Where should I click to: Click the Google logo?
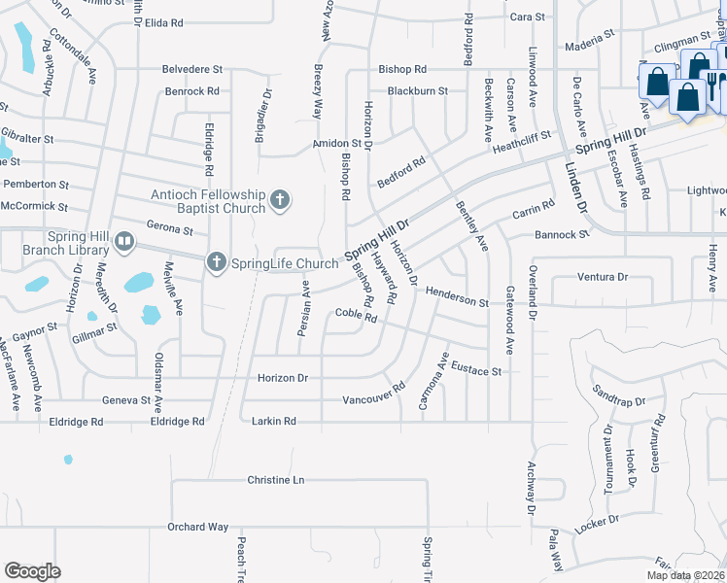[x=32, y=571]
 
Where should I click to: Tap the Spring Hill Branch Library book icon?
[x=124, y=240]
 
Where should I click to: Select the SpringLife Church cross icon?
[x=216, y=261]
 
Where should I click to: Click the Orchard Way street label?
[x=197, y=527]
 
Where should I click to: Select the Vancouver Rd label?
[x=373, y=399]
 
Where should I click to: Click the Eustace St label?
[x=481, y=371]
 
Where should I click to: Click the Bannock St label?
[x=562, y=235]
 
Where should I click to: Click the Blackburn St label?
[x=417, y=91]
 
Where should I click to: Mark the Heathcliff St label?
[x=521, y=141]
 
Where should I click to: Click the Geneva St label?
[x=127, y=399]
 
